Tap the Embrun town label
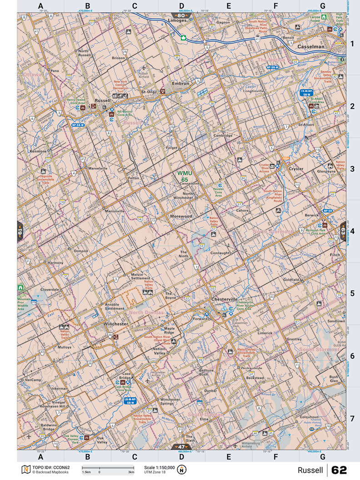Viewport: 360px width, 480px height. (180, 84)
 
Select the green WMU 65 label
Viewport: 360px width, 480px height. (185, 176)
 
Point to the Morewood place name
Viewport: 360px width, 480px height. (181, 216)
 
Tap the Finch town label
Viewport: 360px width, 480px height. (335, 255)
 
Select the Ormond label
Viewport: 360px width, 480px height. (81, 251)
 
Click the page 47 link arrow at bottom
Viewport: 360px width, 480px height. (181, 447)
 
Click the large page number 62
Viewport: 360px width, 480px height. (339, 470)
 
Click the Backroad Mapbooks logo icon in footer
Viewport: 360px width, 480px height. (25, 469)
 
